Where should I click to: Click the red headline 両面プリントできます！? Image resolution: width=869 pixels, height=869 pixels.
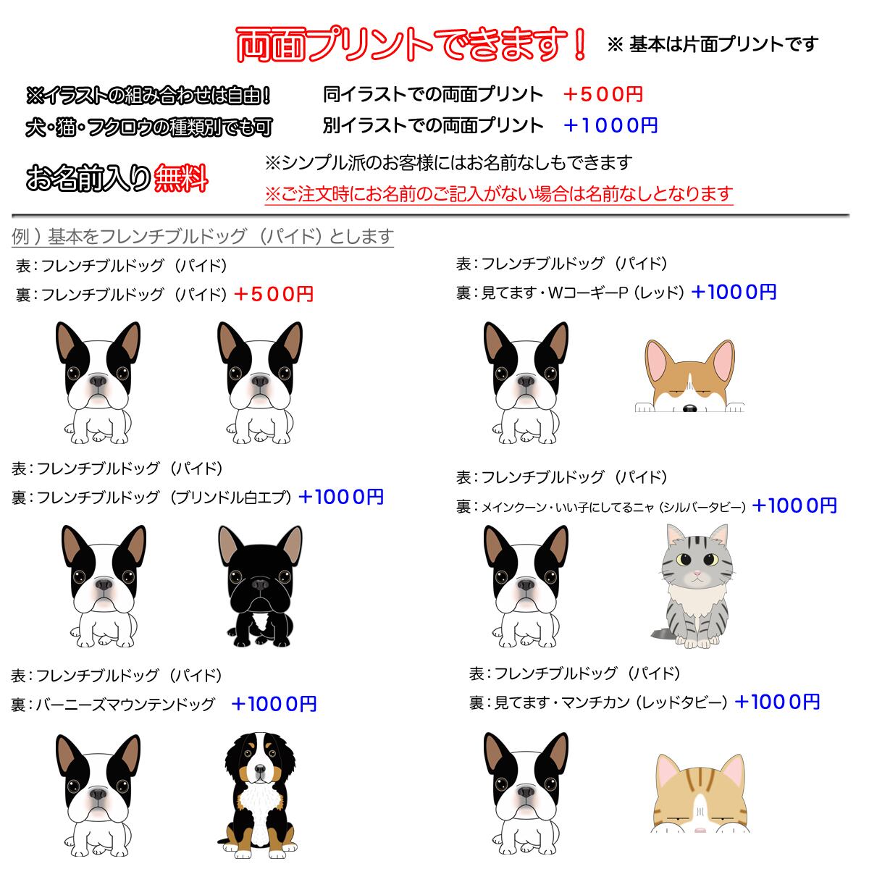click(x=411, y=45)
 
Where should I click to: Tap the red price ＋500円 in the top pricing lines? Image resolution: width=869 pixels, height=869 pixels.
click(x=603, y=94)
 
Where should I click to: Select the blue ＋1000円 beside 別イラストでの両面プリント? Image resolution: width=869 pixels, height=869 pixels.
click(x=610, y=125)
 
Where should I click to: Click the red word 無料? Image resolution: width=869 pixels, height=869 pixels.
click(x=181, y=177)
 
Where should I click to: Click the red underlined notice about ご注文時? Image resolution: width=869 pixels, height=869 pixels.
click(x=499, y=194)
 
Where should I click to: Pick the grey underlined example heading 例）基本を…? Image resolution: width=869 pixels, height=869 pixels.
click(x=203, y=237)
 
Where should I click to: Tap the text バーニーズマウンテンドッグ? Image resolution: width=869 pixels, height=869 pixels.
click(x=125, y=704)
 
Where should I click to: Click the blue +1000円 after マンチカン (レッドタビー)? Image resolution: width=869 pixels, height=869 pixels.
click(x=777, y=702)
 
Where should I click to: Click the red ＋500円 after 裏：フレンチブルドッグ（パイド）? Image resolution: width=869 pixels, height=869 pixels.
click(x=274, y=294)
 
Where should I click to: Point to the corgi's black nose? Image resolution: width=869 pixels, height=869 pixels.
click(x=689, y=409)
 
